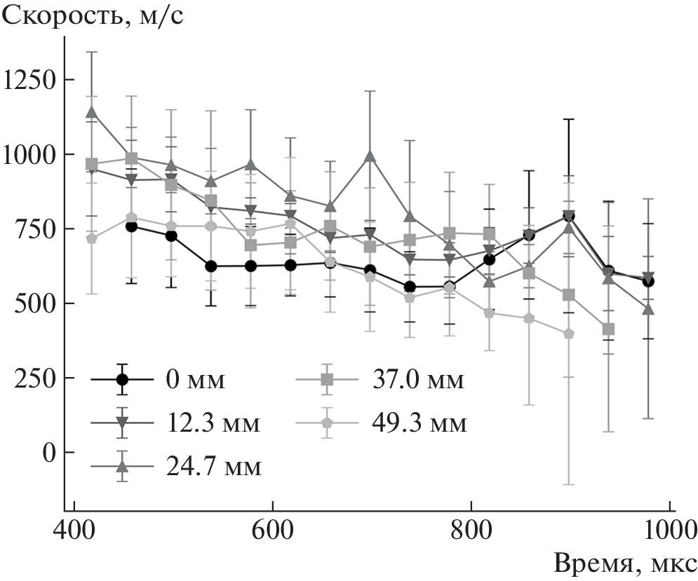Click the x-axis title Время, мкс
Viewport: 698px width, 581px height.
click(625, 563)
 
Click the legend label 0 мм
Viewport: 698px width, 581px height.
click(196, 380)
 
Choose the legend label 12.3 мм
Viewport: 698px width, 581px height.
click(215, 423)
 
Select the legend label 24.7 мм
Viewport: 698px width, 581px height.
click(215, 467)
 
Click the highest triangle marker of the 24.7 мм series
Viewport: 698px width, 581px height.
click(91, 111)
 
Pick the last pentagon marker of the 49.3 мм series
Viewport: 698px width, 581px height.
click(569, 334)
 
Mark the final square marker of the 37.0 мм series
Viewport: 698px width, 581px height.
click(608, 329)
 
